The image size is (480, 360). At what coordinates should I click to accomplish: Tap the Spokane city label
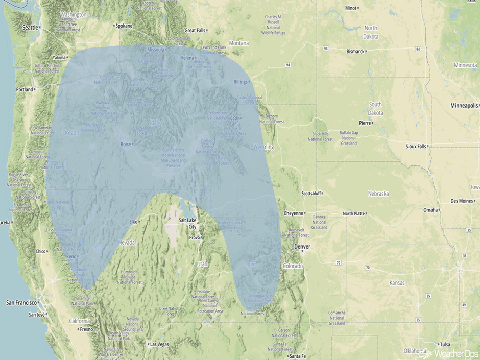(x=124, y=26)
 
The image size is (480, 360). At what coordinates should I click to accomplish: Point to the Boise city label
(x=126, y=145)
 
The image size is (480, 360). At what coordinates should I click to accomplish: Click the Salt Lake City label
(x=187, y=223)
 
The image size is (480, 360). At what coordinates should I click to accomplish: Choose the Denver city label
(x=302, y=247)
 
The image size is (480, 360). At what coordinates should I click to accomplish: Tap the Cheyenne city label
(x=293, y=213)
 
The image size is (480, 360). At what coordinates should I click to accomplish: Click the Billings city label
(x=240, y=82)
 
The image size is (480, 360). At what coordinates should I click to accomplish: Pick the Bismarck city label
(x=355, y=52)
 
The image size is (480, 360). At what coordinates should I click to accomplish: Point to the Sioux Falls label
(x=416, y=146)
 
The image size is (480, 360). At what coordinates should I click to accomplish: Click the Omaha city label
(x=430, y=210)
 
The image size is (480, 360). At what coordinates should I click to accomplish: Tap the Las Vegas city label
(x=159, y=344)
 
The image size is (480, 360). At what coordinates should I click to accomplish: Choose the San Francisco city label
(x=21, y=303)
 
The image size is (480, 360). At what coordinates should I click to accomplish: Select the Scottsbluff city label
(x=310, y=194)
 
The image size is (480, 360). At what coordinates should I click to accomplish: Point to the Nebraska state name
(x=378, y=194)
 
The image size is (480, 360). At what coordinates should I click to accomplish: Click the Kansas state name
(x=397, y=283)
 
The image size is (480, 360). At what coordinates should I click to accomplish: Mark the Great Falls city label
(x=195, y=30)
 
